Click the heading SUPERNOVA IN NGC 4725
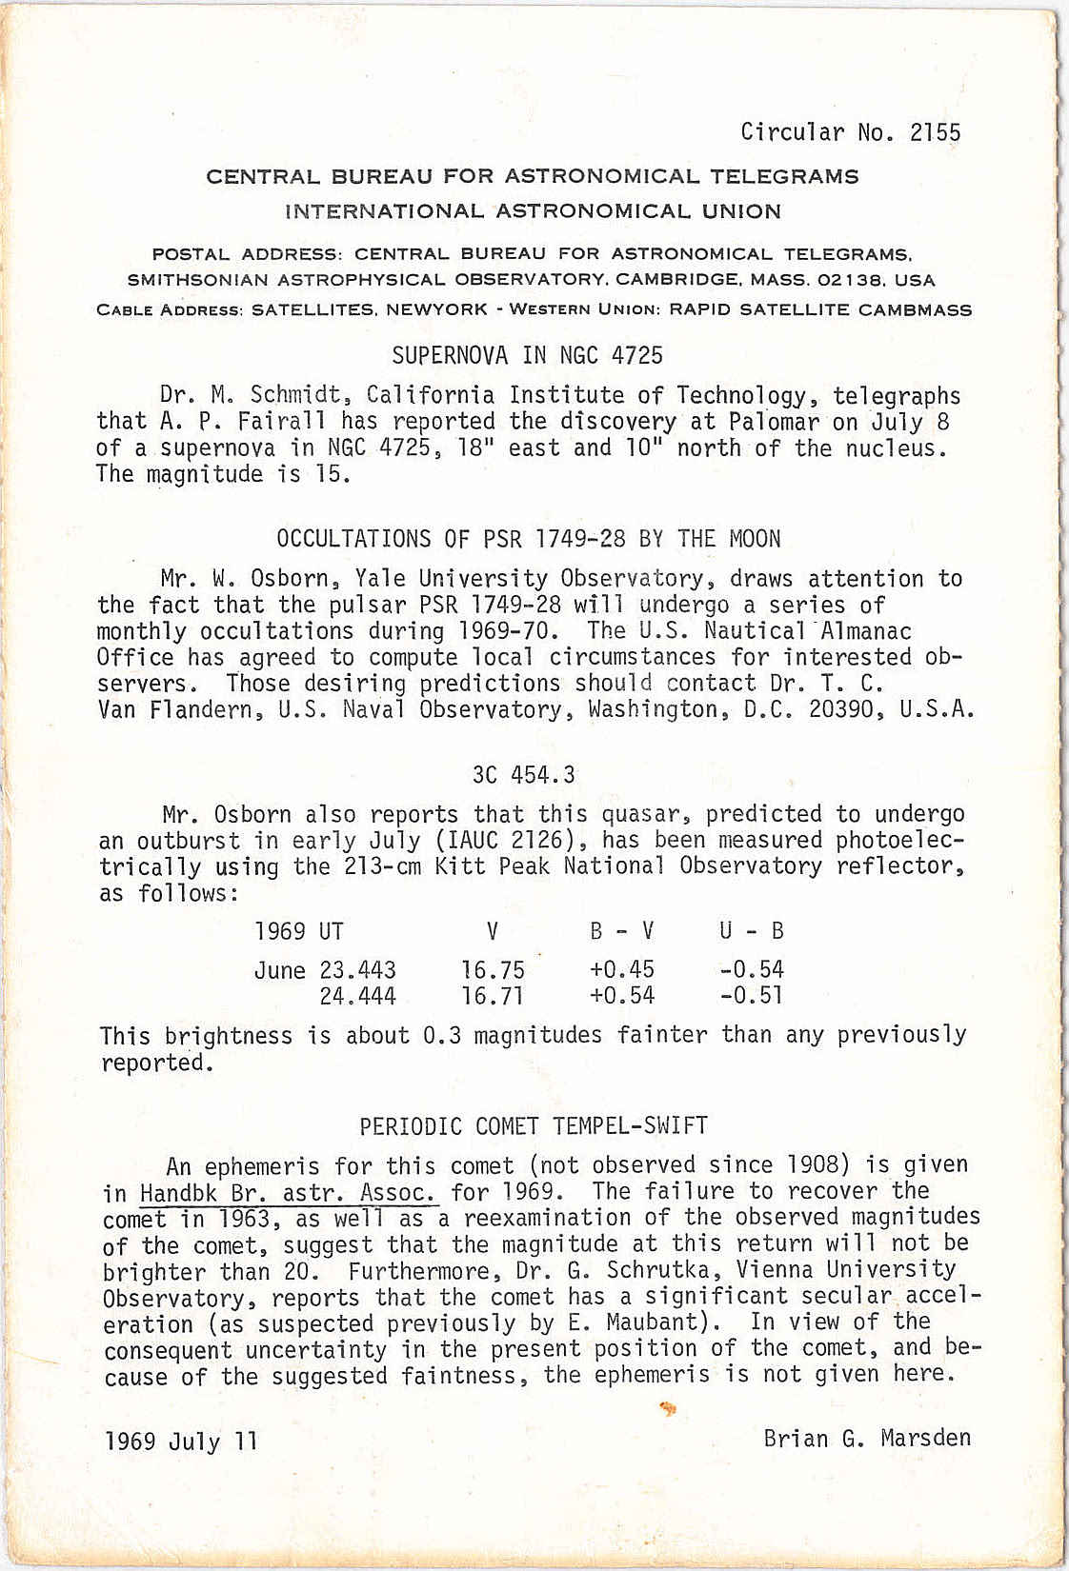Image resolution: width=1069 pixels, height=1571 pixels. coord(527,356)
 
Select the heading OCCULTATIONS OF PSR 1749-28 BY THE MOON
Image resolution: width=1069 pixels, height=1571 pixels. coord(528,539)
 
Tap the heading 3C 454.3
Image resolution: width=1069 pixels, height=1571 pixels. coord(523,775)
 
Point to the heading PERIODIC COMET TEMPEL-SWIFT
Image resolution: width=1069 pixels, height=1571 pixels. coord(534,1126)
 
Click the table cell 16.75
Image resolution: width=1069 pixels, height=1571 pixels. coord(493,970)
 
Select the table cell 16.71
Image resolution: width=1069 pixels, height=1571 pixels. coord(493,997)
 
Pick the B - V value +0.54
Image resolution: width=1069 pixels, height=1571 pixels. coord(622,997)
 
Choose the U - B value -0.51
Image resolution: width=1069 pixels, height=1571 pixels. coord(752,997)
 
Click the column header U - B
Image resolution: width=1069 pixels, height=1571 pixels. coord(752,931)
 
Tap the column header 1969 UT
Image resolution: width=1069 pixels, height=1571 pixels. coord(298,931)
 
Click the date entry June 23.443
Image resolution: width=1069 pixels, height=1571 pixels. coord(325,970)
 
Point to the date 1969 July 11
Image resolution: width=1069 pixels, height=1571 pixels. coord(181,1441)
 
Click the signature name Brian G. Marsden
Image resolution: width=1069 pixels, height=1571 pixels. coord(867,1438)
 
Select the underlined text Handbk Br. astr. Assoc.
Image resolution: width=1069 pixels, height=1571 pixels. coord(289,1193)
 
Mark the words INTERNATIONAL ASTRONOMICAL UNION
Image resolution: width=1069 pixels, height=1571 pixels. coord(533,211)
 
